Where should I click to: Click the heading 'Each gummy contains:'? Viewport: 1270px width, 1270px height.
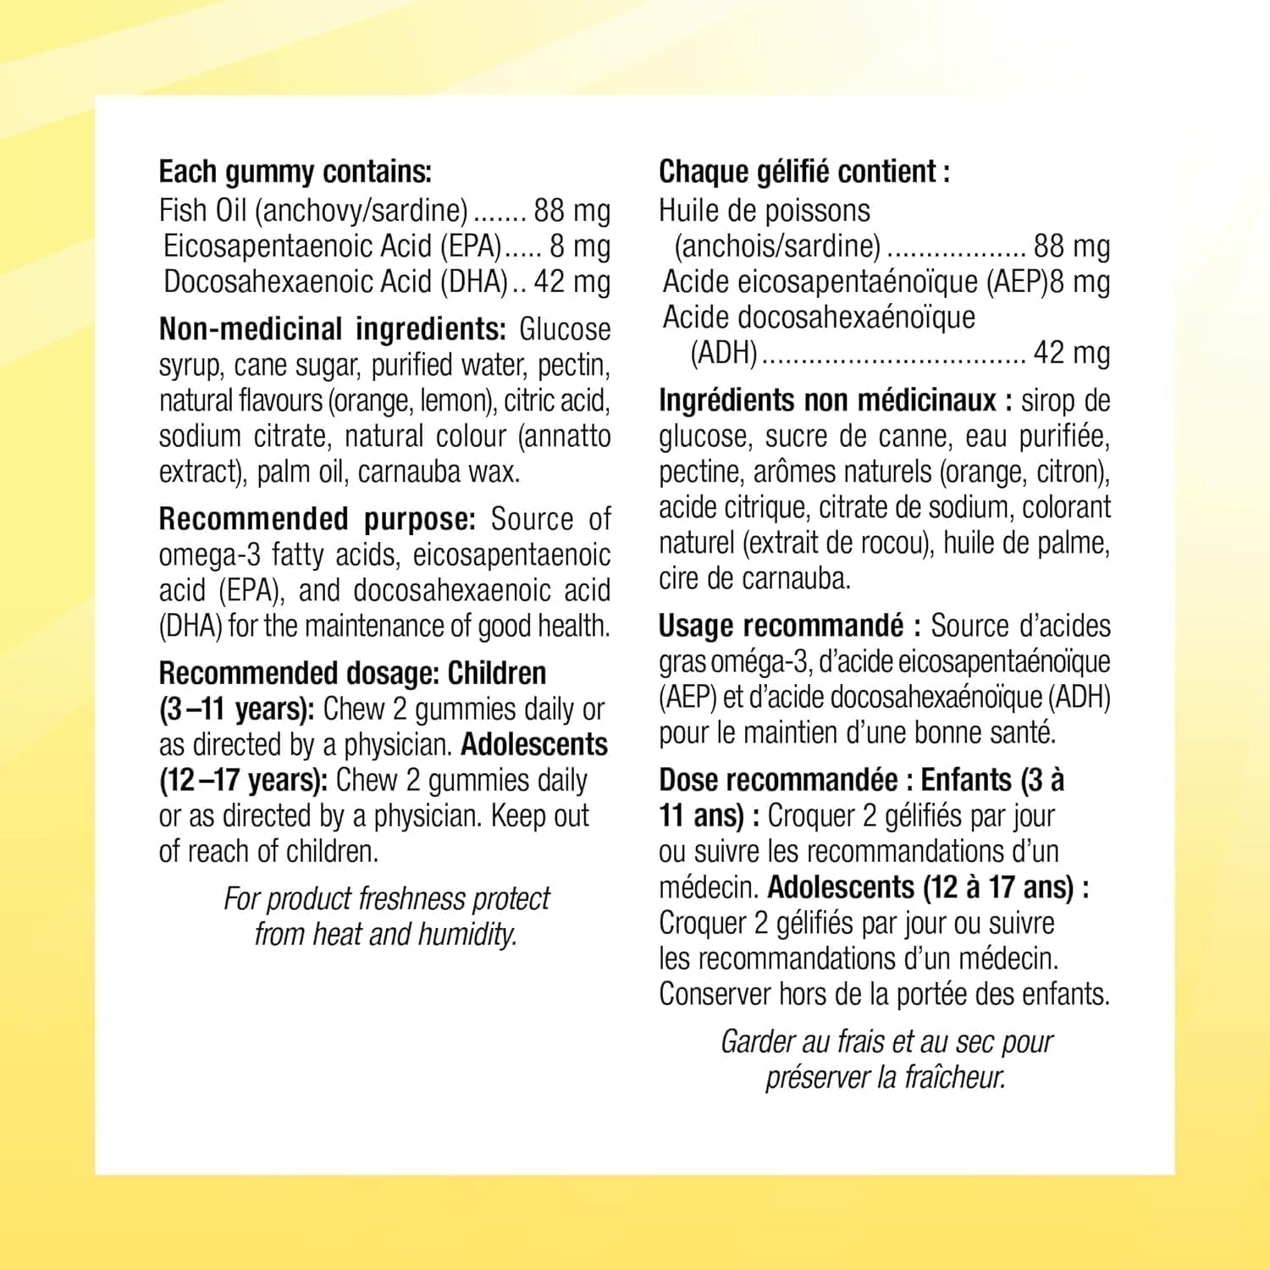click(295, 173)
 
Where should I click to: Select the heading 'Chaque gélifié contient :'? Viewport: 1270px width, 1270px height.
click(803, 173)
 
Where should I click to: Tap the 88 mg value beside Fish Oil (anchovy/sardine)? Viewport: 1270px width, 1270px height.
click(571, 211)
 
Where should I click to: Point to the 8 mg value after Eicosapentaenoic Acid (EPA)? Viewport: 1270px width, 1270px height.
click(579, 246)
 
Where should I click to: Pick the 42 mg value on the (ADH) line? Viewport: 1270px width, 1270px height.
click(1071, 353)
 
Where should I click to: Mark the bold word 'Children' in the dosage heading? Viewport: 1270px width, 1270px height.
click(496, 674)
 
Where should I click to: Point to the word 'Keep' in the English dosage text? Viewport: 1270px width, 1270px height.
click(518, 816)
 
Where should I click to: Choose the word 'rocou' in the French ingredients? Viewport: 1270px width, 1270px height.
click(890, 543)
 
